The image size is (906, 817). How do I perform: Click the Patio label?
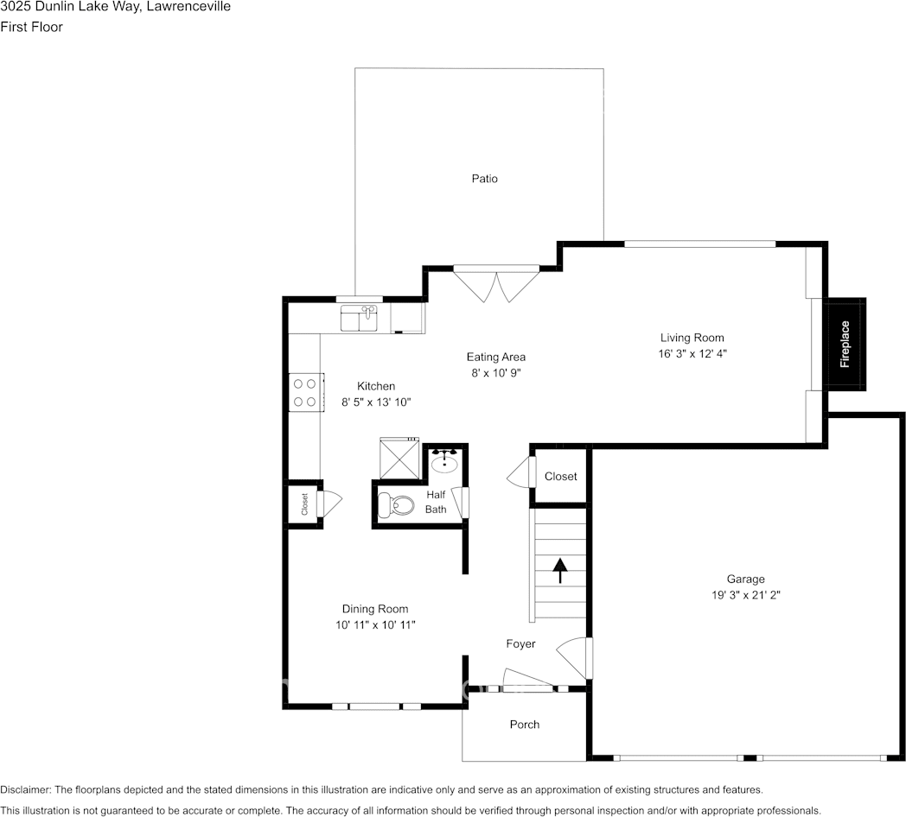pyautogui.click(x=484, y=179)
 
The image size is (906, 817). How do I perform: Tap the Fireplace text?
pyautogui.click(x=845, y=345)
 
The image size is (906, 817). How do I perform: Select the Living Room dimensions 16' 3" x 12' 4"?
pyautogui.click(x=692, y=353)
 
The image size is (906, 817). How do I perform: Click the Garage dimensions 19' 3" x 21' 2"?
pyautogui.click(x=744, y=595)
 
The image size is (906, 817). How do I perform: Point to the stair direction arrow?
pyautogui.click(x=559, y=569)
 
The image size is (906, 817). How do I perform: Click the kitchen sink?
pyautogui.click(x=360, y=318)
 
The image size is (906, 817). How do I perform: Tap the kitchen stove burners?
pyautogui.click(x=303, y=392)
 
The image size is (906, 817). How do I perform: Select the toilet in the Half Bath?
pyautogui.click(x=401, y=504)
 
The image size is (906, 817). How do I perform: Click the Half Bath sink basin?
pyautogui.click(x=445, y=460)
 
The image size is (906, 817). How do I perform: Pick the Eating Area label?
pyautogui.click(x=495, y=357)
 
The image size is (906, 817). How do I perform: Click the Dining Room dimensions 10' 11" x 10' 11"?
pyautogui.click(x=374, y=624)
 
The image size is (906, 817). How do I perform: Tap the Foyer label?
pyautogui.click(x=520, y=643)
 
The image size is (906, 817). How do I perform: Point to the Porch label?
pyautogui.click(x=524, y=725)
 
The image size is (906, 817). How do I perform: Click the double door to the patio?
pyautogui.click(x=495, y=285)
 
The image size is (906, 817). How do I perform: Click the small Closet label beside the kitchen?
pyautogui.click(x=304, y=504)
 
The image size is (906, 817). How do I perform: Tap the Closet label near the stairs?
pyautogui.click(x=560, y=476)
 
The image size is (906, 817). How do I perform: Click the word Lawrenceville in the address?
pyautogui.click(x=190, y=7)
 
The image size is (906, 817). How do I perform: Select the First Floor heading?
pyautogui.click(x=31, y=27)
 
